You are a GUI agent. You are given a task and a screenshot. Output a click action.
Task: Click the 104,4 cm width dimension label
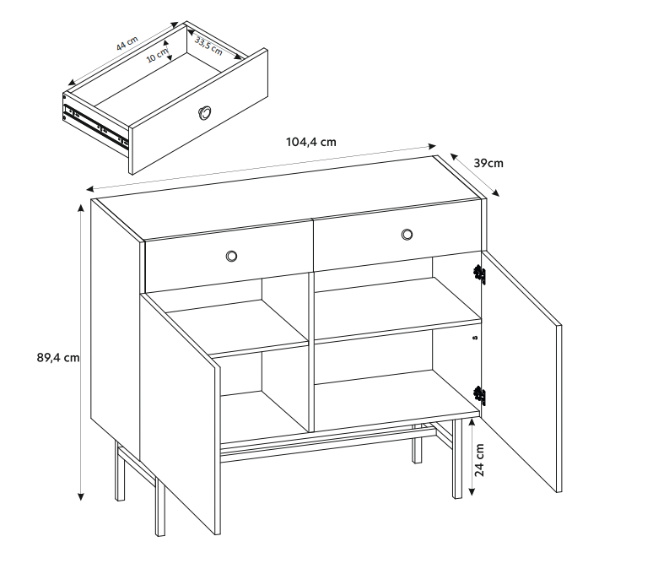coord(311,142)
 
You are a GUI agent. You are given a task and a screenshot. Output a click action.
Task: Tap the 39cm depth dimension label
coord(488,163)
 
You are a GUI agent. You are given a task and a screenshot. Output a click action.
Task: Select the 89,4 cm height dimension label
coord(58,358)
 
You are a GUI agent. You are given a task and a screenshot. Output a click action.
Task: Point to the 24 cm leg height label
coord(480,460)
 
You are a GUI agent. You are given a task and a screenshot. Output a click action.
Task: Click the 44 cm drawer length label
coord(127,43)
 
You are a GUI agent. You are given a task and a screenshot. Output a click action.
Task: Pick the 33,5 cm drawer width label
coord(208,46)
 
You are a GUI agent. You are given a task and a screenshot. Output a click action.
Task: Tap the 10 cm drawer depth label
coord(157,56)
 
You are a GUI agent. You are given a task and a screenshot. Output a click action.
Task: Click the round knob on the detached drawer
coord(204,113)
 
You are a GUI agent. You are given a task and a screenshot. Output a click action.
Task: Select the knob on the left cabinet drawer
coord(231,256)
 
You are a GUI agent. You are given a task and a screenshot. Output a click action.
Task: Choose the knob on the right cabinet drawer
coord(407,234)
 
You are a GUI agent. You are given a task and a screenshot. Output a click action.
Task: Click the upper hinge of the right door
coord(480,274)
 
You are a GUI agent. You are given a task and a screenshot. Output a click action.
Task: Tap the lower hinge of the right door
coord(480,395)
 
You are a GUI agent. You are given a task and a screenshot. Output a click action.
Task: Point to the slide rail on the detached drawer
coord(96,126)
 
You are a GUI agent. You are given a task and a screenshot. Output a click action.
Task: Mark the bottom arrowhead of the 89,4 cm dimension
coord(81,496)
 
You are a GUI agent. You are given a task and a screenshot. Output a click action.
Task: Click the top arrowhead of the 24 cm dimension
coord(472,422)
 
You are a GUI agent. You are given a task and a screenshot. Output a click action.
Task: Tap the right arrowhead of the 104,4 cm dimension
coord(432,146)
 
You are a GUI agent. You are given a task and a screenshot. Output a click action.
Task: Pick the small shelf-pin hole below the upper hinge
coord(476,338)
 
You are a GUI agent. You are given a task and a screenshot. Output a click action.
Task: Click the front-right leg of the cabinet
coord(457,458)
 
